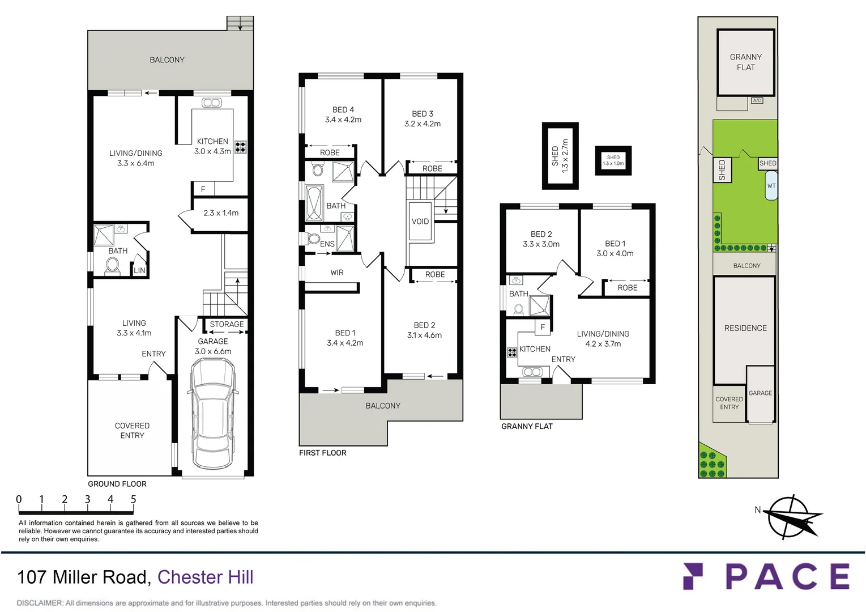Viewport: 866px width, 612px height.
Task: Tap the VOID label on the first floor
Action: click(420, 222)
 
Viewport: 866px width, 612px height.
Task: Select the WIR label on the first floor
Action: click(337, 273)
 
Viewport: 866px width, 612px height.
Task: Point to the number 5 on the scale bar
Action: click(134, 499)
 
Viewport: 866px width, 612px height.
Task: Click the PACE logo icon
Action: click(693, 576)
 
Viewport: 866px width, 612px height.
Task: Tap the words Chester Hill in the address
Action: click(205, 577)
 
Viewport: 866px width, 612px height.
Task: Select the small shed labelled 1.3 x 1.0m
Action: click(613, 160)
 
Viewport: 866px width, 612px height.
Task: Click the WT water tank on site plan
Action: click(771, 186)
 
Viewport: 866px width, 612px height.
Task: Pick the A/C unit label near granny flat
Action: click(757, 100)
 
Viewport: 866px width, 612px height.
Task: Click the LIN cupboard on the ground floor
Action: click(139, 270)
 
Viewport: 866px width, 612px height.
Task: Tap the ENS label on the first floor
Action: click(327, 244)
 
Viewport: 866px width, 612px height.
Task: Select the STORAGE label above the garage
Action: click(227, 324)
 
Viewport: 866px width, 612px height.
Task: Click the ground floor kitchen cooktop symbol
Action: click(241, 147)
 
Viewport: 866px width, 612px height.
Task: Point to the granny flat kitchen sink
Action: click(532, 372)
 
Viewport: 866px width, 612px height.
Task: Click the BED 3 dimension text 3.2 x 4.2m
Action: click(423, 124)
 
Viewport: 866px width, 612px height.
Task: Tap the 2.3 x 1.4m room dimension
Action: click(221, 213)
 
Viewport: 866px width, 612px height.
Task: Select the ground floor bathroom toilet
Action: click(113, 265)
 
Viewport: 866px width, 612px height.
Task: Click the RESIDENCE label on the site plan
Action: click(745, 328)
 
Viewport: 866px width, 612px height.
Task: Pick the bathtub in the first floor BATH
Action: click(314, 202)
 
